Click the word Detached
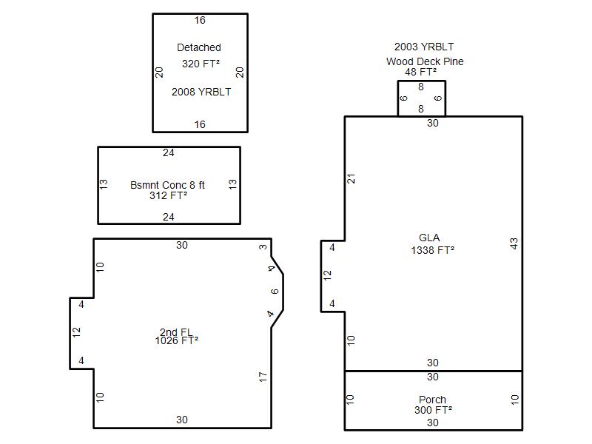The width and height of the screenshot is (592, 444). click(x=199, y=47)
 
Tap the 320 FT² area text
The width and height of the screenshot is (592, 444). click(x=201, y=64)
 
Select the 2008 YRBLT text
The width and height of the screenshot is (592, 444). click(x=201, y=92)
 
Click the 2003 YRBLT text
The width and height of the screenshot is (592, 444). click(x=424, y=47)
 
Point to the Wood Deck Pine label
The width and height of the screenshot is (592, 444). click(x=425, y=61)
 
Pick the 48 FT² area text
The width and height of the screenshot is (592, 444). click(x=421, y=71)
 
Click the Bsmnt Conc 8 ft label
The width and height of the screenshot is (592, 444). click(x=167, y=185)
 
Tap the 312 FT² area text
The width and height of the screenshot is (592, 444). click(x=169, y=195)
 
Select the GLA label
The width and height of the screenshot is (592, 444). click(x=429, y=238)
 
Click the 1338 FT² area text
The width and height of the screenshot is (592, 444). click(x=433, y=250)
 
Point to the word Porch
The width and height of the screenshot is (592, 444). click(x=432, y=400)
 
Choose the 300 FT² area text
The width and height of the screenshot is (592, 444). click(x=434, y=410)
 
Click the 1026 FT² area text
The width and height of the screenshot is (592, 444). click(x=177, y=340)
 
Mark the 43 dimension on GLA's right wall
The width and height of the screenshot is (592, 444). click(x=514, y=243)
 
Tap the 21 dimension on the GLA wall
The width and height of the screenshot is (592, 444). click(x=351, y=178)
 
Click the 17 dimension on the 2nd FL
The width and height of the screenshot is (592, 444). click(x=263, y=377)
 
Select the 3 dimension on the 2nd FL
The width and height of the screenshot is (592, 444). click(x=263, y=247)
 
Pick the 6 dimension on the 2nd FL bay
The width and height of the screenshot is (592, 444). click(x=275, y=292)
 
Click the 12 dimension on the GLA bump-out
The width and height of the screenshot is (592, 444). click(x=327, y=275)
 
